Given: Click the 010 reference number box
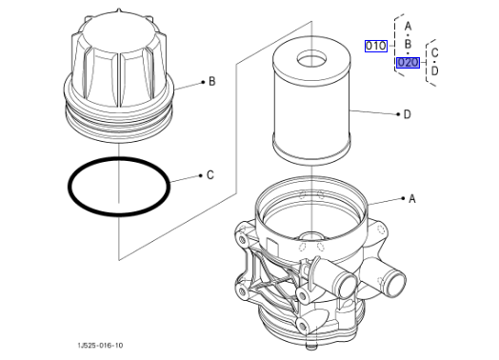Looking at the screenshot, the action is (376, 46).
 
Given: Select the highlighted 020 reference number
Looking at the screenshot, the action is (408, 63).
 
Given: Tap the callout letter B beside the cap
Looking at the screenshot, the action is (212, 82).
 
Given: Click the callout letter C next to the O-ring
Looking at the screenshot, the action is (210, 174).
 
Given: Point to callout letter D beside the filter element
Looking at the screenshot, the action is (407, 114).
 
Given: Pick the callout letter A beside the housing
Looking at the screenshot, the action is (412, 199).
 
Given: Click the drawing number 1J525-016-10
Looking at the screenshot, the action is (100, 346).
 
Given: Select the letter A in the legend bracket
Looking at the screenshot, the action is (408, 26).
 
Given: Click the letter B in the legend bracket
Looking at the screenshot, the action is (408, 44).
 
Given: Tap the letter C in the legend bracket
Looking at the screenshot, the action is (434, 52).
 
